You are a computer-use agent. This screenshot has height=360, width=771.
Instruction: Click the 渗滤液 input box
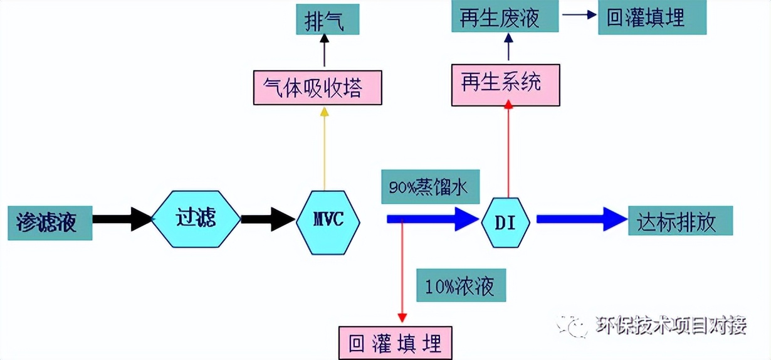(x=50, y=222)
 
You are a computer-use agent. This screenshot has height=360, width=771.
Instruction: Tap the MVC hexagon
(x=328, y=221)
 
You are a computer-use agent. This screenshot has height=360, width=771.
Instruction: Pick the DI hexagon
(x=506, y=222)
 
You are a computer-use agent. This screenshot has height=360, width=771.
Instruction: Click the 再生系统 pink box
(x=505, y=83)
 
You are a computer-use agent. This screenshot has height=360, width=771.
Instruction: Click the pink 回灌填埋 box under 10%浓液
(x=394, y=342)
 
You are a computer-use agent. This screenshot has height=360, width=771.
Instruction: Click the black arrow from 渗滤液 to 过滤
(x=123, y=219)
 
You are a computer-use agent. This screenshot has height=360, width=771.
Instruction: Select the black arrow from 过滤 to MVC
(x=268, y=219)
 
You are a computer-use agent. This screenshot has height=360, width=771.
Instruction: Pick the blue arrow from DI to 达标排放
(x=580, y=220)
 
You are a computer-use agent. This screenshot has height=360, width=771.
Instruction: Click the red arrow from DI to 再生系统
(x=508, y=151)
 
